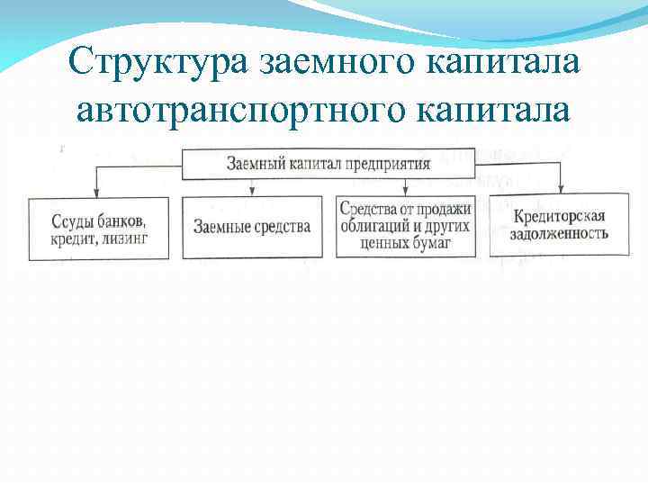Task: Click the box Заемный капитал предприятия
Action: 328,164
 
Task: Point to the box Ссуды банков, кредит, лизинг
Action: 98,229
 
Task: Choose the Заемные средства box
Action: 252,226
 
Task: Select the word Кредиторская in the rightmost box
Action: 560,217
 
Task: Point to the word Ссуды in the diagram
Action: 59,220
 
